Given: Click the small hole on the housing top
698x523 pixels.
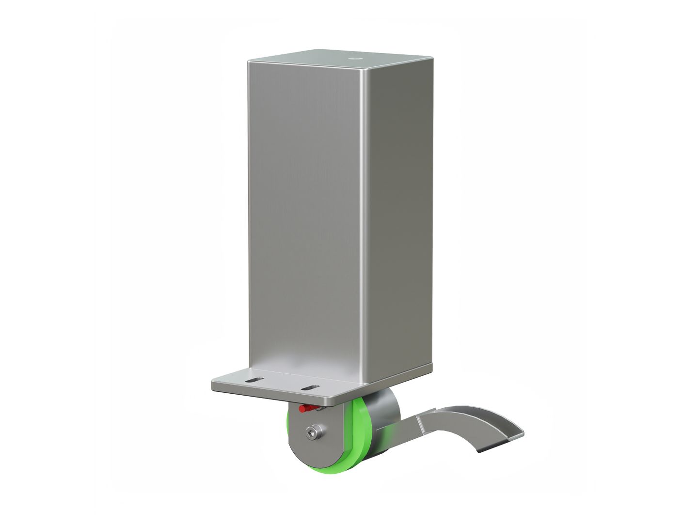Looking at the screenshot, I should pos(353,59).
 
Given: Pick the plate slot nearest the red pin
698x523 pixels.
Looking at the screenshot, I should pos(310,387).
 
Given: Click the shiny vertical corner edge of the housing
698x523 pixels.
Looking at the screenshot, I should pos(364,218).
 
